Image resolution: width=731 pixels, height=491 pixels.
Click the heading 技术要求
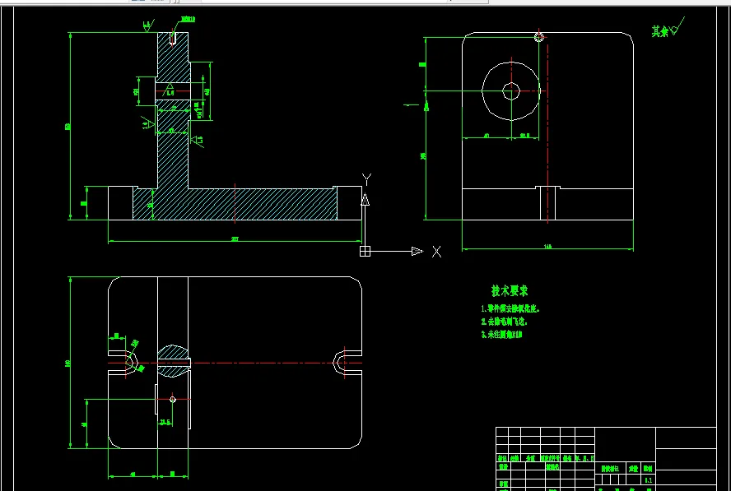(x=509, y=290)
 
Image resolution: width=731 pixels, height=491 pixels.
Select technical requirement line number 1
(x=512, y=308)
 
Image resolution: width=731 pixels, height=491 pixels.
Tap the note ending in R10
(x=502, y=335)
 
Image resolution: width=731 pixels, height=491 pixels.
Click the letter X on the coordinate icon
(x=436, y=252)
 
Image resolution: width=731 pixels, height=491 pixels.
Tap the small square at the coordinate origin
(x=365, y=251)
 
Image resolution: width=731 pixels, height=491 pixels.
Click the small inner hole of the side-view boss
(x=511, y=91)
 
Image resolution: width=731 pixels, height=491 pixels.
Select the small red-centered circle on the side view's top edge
(x=539, y=36)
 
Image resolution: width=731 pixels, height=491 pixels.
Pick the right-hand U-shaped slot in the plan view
(x=347, y=362)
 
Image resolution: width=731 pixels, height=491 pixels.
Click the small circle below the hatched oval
(x=173, y=400)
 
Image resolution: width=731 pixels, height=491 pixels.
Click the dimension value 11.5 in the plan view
(x=165, y=422)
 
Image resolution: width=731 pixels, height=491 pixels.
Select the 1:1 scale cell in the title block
(x=648, y=479)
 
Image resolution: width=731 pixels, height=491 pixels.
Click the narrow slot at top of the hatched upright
(x=173, y=38)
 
